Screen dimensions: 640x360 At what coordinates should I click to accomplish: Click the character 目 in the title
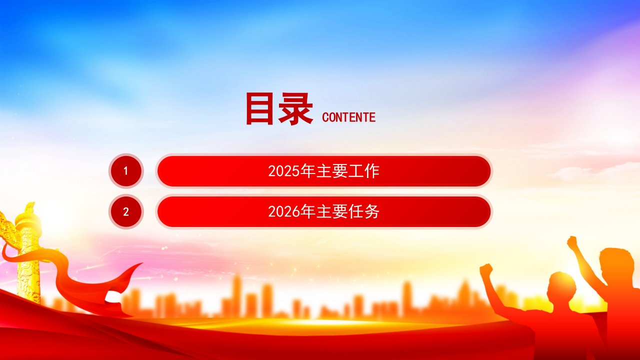tap(259, 108)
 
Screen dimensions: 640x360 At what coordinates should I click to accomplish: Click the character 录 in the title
tap(295, 109)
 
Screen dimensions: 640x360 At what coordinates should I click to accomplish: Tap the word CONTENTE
tap(348, 117)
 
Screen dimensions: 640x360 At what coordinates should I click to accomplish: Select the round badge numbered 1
tap(126, 171)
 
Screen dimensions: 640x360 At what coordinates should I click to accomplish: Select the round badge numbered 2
tap(126, 211)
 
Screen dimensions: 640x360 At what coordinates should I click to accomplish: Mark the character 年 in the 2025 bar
tap(307, 171)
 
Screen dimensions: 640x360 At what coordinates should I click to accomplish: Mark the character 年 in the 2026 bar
tap(307, 211)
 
